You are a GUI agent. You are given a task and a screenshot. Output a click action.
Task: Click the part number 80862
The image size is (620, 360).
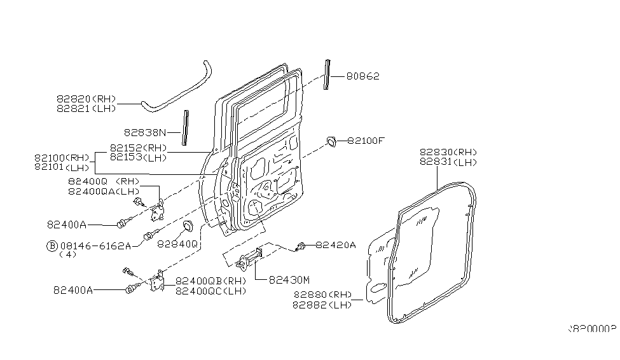tap(363, 77)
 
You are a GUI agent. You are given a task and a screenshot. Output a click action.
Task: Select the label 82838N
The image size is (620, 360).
tap(144, 133)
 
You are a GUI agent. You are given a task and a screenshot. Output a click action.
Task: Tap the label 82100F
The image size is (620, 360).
tap(366, 141)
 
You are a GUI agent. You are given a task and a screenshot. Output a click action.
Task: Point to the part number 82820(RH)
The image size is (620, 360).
tap(86, 99)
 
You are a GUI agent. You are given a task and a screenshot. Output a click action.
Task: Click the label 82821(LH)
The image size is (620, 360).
tap(86, 109)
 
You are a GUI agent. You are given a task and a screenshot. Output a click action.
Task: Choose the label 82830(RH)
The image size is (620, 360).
tap(448, 153)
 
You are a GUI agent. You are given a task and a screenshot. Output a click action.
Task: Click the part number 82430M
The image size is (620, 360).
tap(289, 279)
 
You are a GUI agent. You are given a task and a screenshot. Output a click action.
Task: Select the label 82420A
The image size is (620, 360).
tap(336, 244)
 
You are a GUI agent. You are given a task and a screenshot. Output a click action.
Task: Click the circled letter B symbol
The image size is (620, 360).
tap(53, 245)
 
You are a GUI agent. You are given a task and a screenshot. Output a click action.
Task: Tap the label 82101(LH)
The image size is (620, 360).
tap(62, 167)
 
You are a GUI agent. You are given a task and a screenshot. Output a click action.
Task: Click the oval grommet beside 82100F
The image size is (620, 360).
tap(331, 142)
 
